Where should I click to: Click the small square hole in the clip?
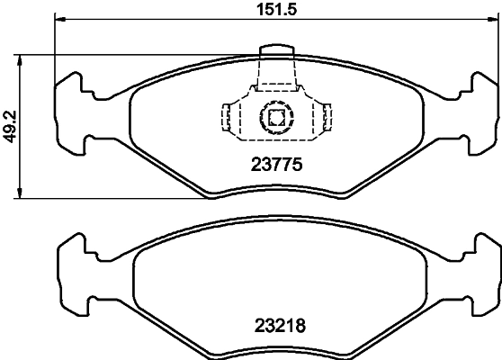click(274, 115)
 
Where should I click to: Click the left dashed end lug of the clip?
click(228, 115)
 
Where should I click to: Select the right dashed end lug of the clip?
click(327, 115)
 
